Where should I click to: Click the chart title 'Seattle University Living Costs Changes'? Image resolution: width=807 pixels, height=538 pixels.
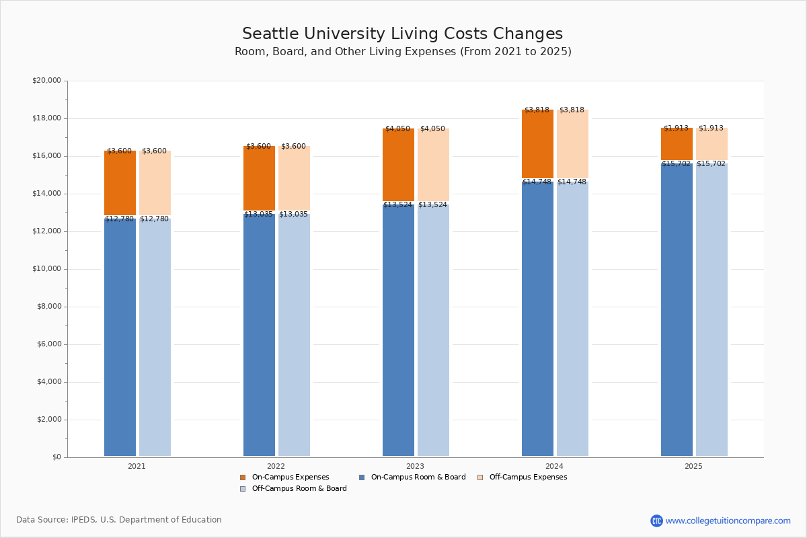(402, 34)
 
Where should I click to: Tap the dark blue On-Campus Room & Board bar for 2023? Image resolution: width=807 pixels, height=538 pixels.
(398, 330)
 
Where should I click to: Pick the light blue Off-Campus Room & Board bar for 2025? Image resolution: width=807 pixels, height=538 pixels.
(712, 309)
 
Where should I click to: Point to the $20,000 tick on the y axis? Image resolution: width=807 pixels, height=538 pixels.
(46, 81)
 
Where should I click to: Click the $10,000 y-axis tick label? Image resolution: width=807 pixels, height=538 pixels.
(46, 269)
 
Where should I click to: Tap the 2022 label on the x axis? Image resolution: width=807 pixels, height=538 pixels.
(276, 466)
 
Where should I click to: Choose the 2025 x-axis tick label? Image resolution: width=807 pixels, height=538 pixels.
(693, 466)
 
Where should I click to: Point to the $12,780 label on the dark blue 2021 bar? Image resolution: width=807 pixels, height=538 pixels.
(119, 219)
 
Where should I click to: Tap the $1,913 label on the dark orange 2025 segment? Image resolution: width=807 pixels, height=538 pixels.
(676, 128)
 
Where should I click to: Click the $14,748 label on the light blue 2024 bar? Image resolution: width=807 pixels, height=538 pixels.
(572, 182)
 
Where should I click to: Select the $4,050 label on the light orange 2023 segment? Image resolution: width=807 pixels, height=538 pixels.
(432, 128)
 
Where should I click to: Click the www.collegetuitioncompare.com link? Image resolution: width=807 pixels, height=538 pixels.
(728, 521)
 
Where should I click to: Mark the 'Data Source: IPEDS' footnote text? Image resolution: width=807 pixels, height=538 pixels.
(119, 520)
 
